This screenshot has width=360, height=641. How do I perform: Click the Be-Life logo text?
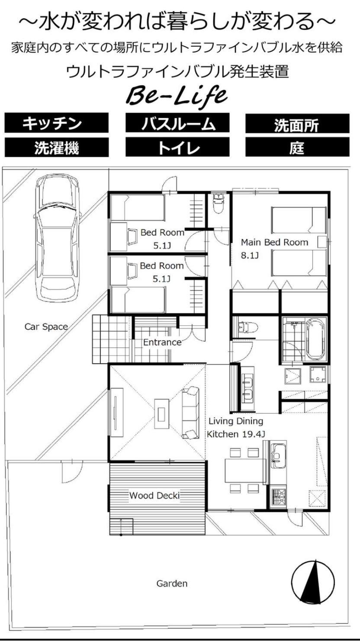coord(177,95)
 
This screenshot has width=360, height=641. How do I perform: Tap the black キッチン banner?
coord(56,123)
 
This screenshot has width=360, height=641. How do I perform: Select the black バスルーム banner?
coord(177,123)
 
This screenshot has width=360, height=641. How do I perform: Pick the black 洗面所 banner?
coord(297,124)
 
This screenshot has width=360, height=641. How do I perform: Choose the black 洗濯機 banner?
coord(56,147)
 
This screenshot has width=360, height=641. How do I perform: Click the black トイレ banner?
coord(177,147)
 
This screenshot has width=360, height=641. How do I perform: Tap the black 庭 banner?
coord(297,147)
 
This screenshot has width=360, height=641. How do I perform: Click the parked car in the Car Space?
coord(57,238)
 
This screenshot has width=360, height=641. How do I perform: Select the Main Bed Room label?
coord(274,242)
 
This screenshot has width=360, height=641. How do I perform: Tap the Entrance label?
coord(162,342)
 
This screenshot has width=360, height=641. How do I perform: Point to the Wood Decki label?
coord(154,495)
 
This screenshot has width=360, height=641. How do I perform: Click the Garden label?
coord(172,583)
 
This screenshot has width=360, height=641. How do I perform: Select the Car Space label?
coord(46,327)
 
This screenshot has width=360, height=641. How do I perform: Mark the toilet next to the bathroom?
coord(247,328)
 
